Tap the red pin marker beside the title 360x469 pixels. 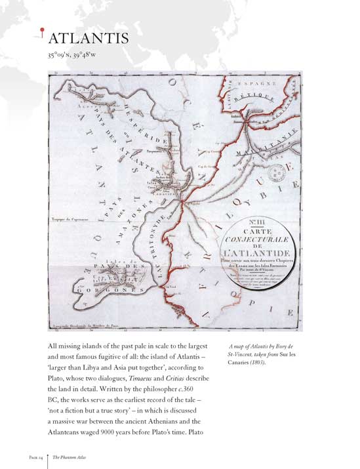(x=43, y=29)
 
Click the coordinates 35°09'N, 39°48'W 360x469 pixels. (x=75, y=56)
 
